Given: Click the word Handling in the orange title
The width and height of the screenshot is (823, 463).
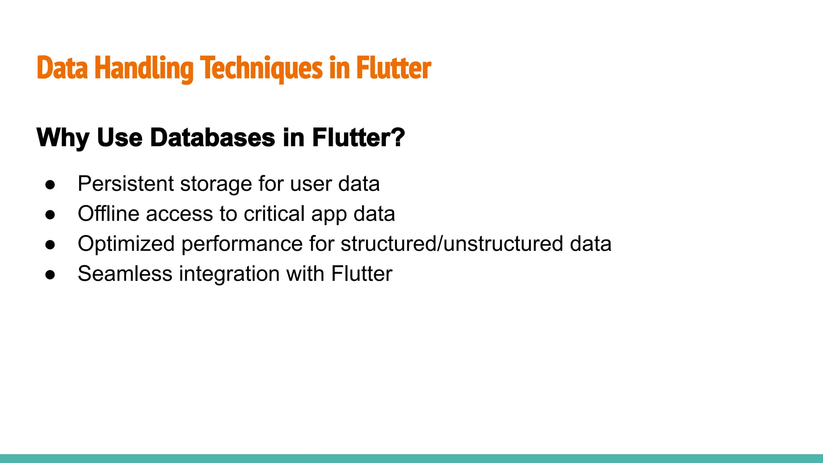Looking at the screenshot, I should [144, 68].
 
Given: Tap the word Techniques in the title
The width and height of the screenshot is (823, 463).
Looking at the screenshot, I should [261, 68].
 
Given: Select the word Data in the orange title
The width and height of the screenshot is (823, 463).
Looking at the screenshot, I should [62, 68].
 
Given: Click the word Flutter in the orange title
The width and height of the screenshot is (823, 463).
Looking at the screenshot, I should [393, 68].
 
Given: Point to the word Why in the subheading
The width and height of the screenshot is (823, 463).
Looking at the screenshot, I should [63, 138].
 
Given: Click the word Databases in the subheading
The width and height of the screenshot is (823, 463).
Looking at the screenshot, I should [213, 138].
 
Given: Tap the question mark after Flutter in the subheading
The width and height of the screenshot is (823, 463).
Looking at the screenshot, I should [397, 138].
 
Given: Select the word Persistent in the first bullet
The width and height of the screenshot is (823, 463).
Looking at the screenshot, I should [126, 184].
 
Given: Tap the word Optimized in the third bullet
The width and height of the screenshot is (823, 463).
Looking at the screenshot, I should [126, 244].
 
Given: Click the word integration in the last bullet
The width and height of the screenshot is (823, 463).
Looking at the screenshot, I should [229, 274].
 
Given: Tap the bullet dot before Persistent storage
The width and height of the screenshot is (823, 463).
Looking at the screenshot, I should [50, 185].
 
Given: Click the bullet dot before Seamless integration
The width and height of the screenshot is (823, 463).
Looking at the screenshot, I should [50, 275].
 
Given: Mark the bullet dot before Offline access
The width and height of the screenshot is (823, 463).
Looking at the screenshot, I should [50, 215].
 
